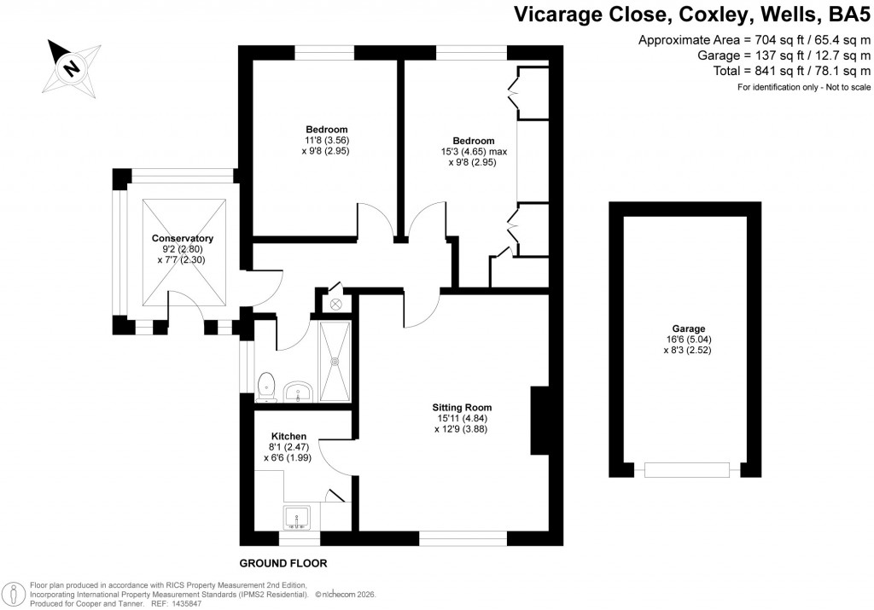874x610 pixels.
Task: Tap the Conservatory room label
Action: [x=182, y=238]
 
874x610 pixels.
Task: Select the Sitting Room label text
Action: [x=462, y=407]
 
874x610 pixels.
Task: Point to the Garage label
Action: [x=687, y=328]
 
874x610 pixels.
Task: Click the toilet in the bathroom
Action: [x=267, y=386]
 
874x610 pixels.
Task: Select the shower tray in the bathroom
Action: [x=335, y=360]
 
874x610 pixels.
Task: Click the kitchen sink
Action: [x=299, y=516]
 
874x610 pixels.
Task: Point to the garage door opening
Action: [x=687, y=469]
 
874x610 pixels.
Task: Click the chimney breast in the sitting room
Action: [x=539, y=421]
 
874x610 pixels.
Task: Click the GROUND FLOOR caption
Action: [x=283, y=564]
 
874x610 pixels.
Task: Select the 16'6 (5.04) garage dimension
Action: [x=687, y=339]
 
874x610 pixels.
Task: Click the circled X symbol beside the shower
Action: [x=335, y=303]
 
